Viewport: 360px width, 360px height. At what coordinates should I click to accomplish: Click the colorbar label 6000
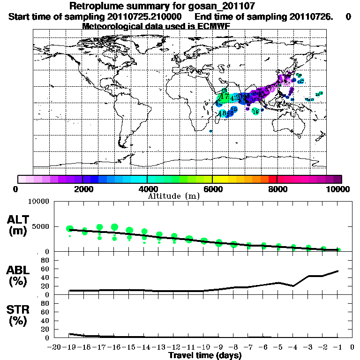[212, 189]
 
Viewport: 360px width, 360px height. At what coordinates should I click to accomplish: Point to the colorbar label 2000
[82, 189]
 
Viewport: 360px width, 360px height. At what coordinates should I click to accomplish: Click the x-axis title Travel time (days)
[205, 356]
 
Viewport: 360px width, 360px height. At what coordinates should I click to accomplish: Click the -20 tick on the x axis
[55, 348]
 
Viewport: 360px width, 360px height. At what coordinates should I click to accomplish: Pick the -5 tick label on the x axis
[279, 348]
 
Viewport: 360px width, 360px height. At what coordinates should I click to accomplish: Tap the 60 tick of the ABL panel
[46, 269]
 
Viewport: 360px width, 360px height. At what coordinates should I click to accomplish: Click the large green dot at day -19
[70, 229]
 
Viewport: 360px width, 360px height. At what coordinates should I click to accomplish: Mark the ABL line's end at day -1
[338, 271]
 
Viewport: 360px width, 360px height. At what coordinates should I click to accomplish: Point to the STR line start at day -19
[70, 334]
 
